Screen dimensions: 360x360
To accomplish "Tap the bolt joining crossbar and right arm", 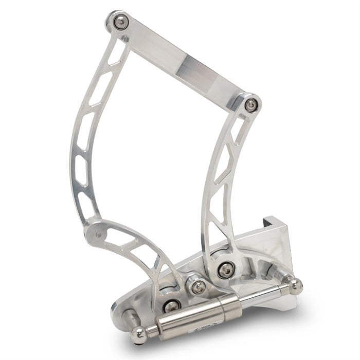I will (x=251, y=104).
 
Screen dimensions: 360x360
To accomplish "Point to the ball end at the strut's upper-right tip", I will (x=294, y=284).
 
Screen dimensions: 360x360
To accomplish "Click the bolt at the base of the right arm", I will (x=225, y=268).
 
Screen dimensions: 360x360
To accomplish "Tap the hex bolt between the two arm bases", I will (x=197, y=287).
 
